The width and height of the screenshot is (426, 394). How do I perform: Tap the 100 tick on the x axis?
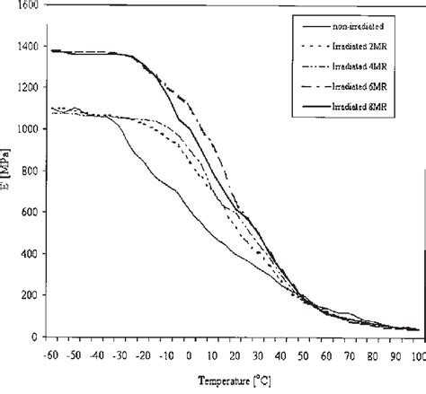click(x=416, y=353)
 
